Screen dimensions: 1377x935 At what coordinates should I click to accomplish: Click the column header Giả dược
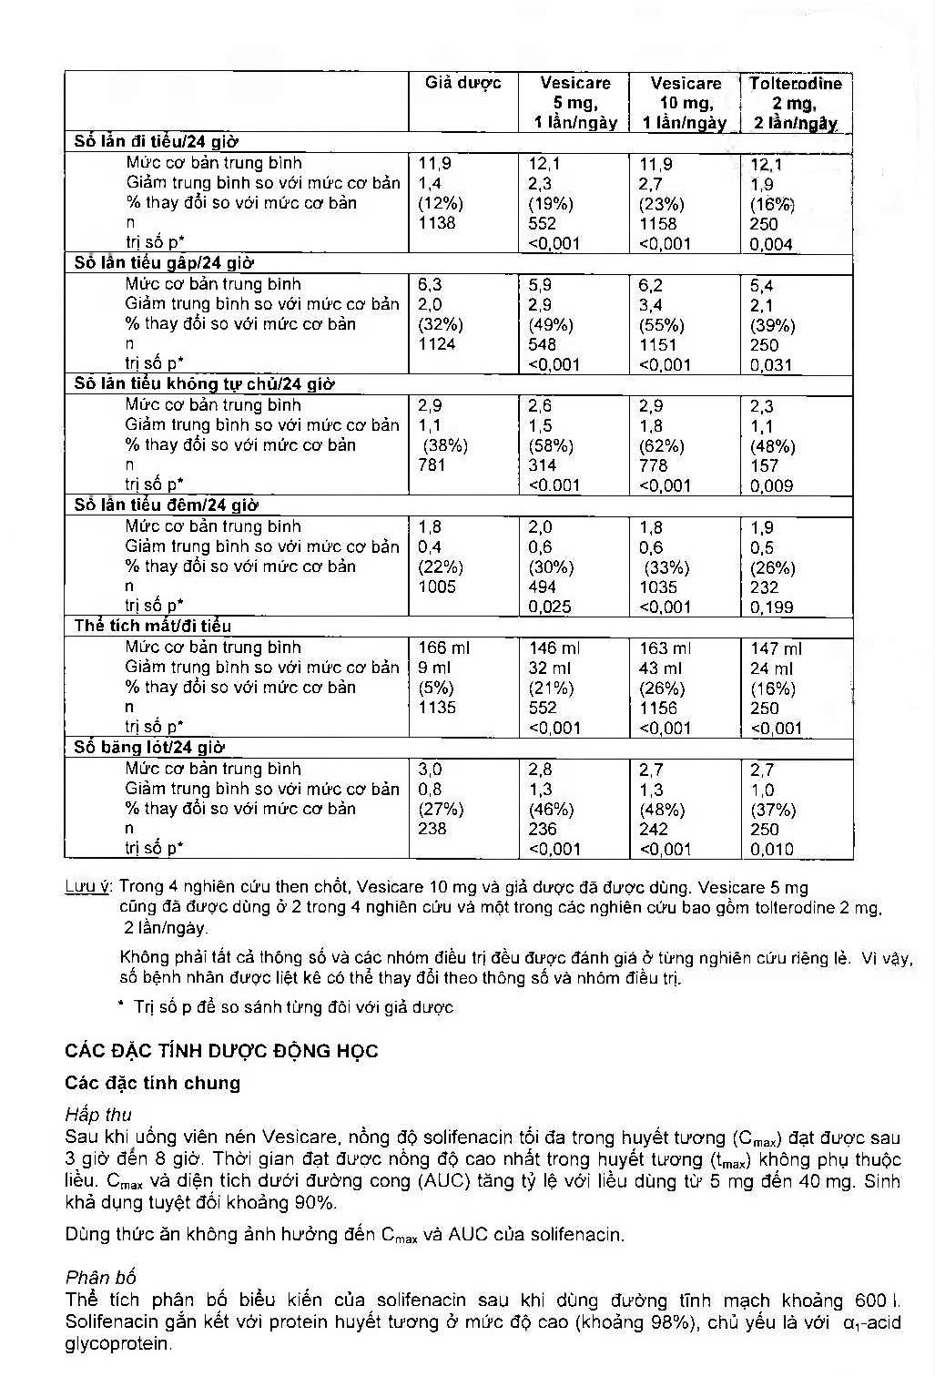[462, 84]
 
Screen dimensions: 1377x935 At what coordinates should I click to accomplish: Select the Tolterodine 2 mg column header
[795, 103]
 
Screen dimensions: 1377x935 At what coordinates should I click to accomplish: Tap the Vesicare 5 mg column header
[574, 103]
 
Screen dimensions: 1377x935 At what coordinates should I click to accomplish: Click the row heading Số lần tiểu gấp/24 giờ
[164, 263]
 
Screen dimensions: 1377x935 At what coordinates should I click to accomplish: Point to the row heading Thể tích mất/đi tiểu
[153, 626]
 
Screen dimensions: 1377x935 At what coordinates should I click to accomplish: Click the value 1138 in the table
[437, 223]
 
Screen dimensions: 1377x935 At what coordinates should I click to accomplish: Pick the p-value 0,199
[771, 607]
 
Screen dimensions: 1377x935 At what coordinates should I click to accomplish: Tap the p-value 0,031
[771, 365]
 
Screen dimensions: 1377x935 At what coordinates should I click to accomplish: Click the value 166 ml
[444, 648]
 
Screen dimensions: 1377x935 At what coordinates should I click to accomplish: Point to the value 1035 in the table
[658, 587]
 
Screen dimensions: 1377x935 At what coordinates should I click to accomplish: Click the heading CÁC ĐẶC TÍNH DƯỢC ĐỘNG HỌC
[221, 1051]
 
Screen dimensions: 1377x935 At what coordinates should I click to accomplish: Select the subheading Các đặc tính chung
[153, 1083]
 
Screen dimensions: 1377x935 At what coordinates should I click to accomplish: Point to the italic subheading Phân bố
[100, 1277]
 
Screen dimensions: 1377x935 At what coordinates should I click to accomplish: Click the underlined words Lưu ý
[88, 886]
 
